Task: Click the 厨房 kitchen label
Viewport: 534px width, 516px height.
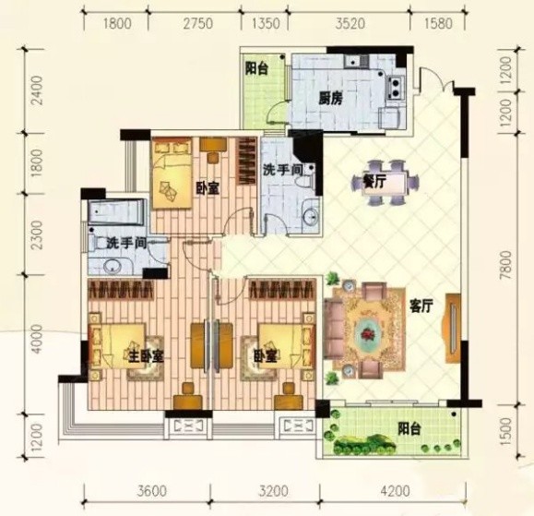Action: pos(330,99)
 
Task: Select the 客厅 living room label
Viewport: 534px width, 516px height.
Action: pos(421,306)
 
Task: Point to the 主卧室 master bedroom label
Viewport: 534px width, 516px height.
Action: pos(147,356)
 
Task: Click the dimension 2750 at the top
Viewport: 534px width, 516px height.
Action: pos(198,23)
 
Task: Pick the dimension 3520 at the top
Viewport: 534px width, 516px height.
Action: pos(350,23)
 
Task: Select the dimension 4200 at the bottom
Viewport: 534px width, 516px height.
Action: pos(395,491)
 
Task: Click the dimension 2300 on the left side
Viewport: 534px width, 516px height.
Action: pos(37,234)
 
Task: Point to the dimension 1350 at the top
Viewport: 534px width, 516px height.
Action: pos(266,23)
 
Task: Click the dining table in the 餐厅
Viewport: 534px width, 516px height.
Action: pos(386,183)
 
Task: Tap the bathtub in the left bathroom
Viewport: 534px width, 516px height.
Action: pos(116,212)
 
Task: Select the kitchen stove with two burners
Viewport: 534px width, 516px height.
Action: pos(396,88)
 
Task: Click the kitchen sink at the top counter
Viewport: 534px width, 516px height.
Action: pos(353,61)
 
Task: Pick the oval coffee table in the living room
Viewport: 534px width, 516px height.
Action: pos(369,332)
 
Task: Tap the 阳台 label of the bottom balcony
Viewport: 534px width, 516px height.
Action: pos(409,428)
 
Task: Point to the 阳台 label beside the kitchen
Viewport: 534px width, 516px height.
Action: pos(256,68)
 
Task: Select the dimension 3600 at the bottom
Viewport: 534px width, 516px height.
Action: pos(152,491)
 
